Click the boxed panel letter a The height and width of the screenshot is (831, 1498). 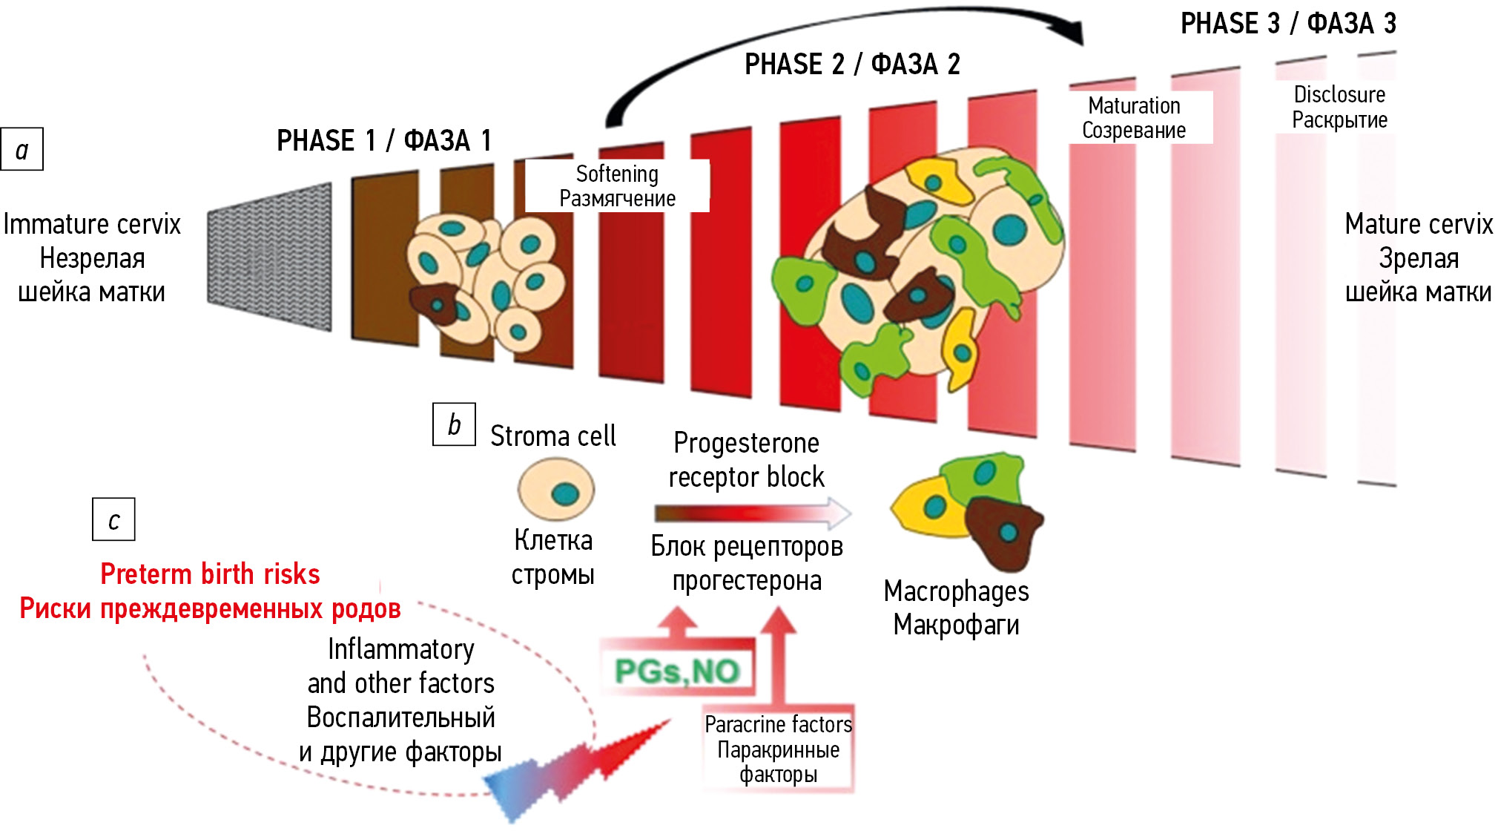(22, 150)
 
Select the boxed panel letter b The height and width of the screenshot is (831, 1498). (454, 424)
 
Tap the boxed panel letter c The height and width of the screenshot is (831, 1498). (113, 519)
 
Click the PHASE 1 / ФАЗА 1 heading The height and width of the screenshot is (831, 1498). (383, 140)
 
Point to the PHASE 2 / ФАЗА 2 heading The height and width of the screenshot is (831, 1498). (852, 65)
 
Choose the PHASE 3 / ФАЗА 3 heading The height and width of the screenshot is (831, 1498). (1288, 24)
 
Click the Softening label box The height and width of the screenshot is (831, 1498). (617, 186)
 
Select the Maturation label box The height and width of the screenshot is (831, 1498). (1134, 118)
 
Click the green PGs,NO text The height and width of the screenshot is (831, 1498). (677, 671)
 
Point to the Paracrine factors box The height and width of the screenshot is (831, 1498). (778, 749)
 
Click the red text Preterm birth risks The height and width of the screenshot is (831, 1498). (210, 574)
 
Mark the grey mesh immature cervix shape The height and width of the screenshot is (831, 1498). (270, 256)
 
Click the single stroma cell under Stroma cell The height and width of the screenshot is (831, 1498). (555, 489)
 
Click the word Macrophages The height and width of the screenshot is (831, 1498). (956, 591)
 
